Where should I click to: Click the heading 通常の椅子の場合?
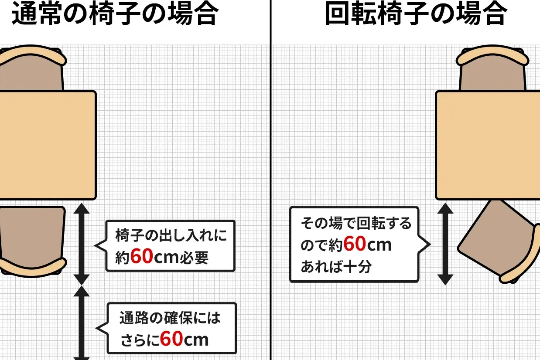tap(114, 14)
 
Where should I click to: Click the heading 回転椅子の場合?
tap(416, 14)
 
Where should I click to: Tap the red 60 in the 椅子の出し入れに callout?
tap(142, 256)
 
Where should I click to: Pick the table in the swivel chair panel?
tap(488, 145)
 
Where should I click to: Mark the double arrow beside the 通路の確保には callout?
tap(81, 323)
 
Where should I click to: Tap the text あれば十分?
tap(336, 267)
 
